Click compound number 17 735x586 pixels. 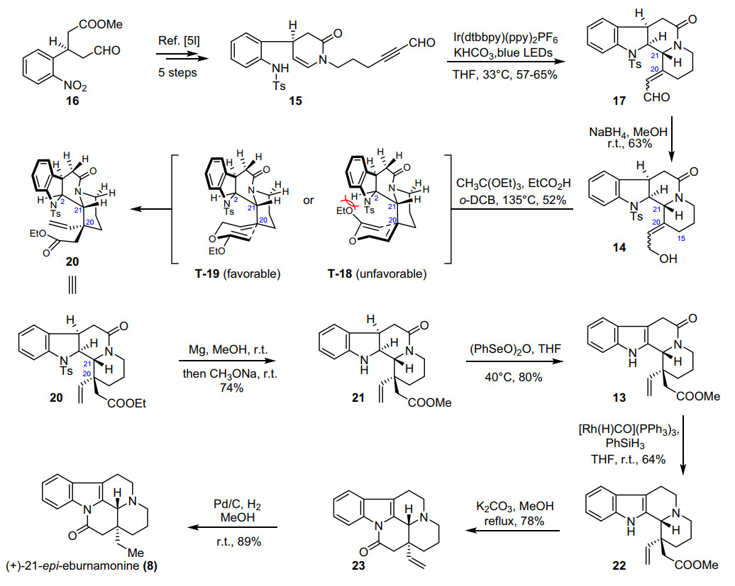[619, 101]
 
